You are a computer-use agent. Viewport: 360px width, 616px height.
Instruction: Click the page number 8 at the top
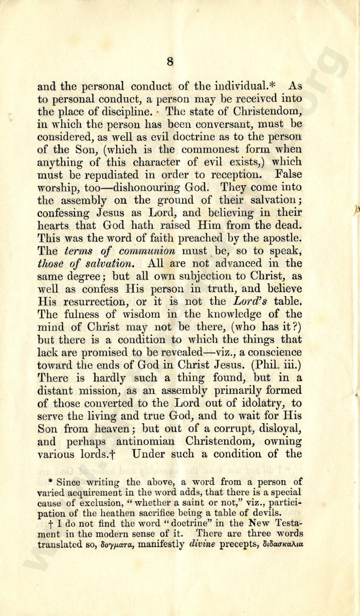point(170,62)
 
